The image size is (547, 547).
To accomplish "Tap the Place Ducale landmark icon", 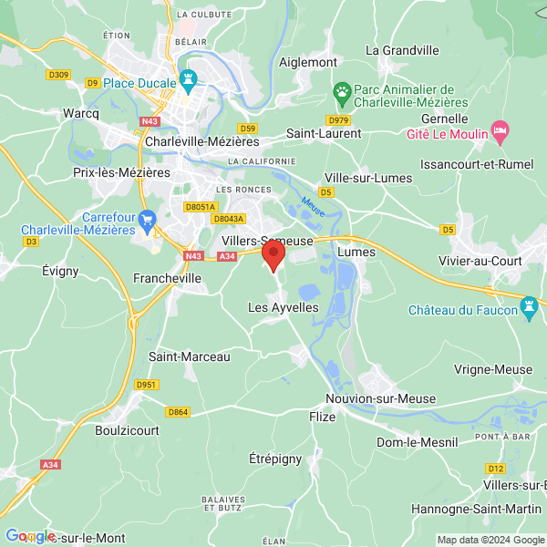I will [189, 81].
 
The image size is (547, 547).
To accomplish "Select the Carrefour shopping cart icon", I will [149, 220].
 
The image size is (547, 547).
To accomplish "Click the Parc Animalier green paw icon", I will [342, 92].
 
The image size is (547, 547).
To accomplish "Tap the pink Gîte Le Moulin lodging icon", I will [500, 131].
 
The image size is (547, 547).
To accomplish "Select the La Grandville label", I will [402, 50].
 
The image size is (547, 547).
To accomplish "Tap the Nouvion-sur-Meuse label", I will [380, 399].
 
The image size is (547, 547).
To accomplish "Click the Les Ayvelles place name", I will [284, 308].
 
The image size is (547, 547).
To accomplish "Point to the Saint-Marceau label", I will [189, 356].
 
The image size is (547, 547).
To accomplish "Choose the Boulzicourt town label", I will [127, 429].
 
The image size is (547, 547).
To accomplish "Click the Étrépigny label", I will [275, 459].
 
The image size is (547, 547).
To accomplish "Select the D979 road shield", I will [338, 119].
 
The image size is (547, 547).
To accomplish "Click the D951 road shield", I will [148, 385].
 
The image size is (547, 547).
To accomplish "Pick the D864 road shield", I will [179, 412].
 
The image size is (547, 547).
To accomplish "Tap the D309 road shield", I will [58, 74].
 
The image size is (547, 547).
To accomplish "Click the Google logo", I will [30, 536].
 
